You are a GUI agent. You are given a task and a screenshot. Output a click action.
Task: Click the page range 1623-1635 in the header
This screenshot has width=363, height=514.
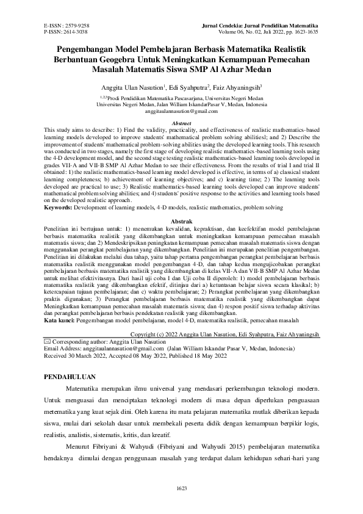pyautogui.click(x=304, y=32)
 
